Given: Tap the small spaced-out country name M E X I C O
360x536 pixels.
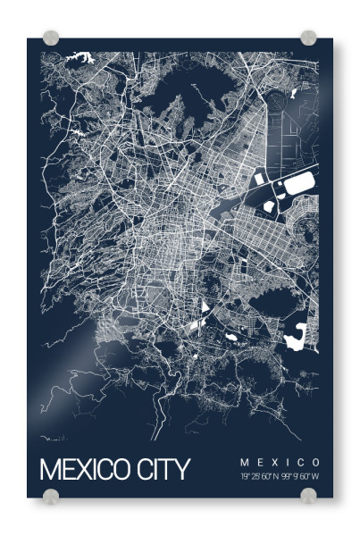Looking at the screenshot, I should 280,462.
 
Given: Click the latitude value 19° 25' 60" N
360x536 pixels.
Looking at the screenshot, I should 259,476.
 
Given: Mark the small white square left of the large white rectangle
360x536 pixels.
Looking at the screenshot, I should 258,179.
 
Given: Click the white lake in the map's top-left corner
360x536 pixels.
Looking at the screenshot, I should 84,57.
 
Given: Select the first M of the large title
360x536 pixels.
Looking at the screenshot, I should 50,469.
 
